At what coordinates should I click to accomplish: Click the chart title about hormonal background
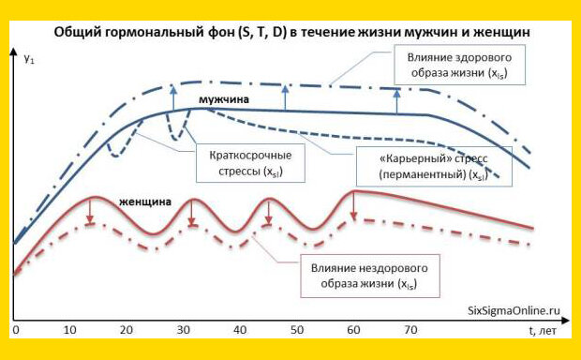tap(293, 32)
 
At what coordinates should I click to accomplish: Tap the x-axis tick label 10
tap(71, 331)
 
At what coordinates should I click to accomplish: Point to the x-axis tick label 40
tap(240, 331)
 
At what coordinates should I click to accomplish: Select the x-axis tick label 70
tap(410, 331)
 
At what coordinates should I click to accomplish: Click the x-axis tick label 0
tap(16, 331)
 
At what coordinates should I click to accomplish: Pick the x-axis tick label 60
tap(353, 331)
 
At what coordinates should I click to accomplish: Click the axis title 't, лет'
tap(542, 331)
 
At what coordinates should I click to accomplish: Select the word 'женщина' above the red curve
tap(145, 201)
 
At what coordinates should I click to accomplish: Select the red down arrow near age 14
tap(89, 211)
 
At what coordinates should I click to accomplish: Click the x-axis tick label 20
tap(127, 331)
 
